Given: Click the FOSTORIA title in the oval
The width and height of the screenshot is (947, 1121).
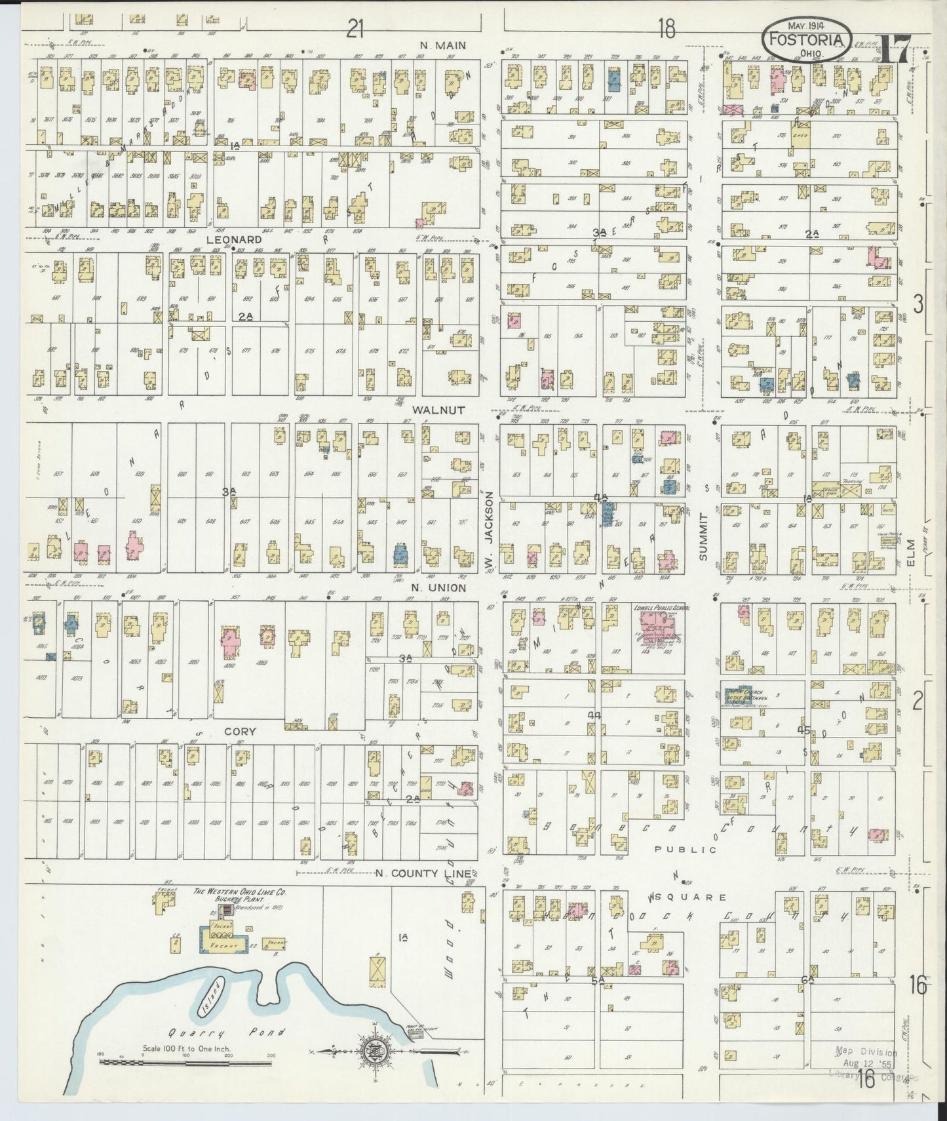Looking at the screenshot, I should (808, 40).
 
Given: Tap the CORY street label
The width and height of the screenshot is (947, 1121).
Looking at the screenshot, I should (240, 731).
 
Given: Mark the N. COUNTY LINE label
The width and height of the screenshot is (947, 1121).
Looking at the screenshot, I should (423, 873).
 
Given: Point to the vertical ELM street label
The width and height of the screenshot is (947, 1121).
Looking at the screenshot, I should (911, 551).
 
